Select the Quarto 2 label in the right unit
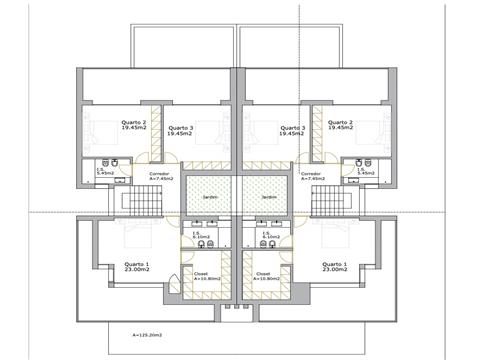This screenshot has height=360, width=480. (342, 126)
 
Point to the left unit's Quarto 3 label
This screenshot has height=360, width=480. (180, 131)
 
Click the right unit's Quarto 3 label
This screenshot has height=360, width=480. (292, 131)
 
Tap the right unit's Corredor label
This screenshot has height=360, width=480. (311, 176)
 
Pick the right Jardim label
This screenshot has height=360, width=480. (269, 197)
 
